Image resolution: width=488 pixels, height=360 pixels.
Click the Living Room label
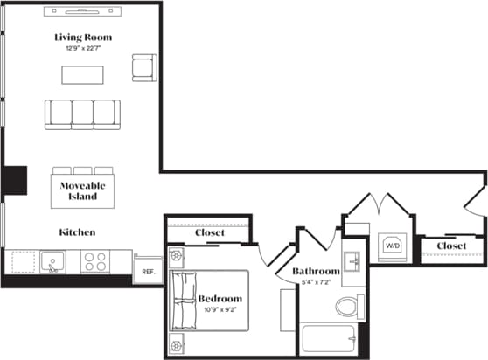83,37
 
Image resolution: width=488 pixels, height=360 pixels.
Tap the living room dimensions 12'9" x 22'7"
83,48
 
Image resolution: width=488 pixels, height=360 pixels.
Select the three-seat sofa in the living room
83,114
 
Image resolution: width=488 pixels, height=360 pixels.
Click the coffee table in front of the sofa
83,75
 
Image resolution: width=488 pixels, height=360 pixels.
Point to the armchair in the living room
143,66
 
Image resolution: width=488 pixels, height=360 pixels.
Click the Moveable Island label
83,191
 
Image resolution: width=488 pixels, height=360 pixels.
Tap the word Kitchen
77,232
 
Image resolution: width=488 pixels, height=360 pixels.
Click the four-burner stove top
94,261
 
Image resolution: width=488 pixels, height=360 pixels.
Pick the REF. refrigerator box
148,270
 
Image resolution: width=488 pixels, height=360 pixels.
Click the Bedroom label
220,299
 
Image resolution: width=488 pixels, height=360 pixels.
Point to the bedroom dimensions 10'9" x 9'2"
220,309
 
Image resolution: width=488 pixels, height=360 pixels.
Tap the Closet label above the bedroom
209,233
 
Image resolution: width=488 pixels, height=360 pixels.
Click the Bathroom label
316,272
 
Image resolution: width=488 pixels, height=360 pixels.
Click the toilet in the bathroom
348,306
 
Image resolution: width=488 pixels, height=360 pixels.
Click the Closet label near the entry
450,246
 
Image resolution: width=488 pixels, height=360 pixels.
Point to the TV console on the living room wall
83,12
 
